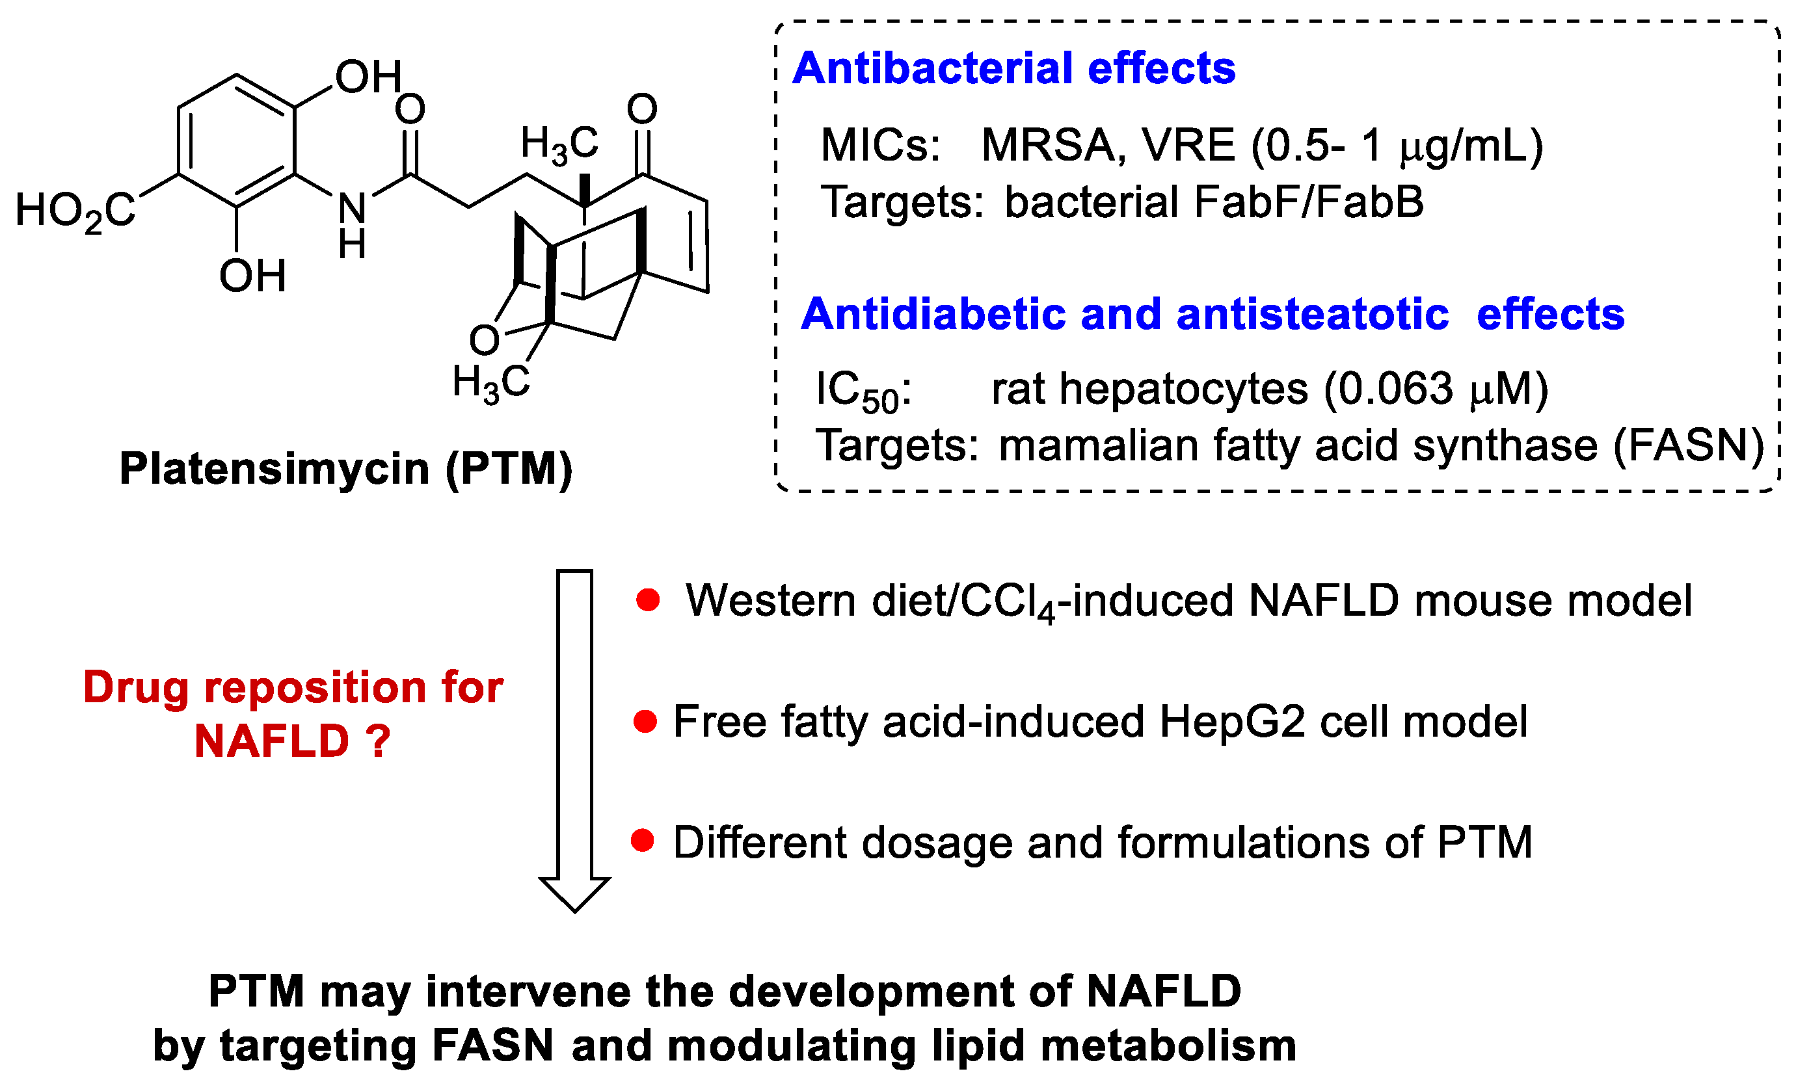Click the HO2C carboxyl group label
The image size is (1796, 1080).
point(75,212)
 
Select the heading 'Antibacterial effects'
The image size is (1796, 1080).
point(1013,68)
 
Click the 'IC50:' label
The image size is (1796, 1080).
point(863,391)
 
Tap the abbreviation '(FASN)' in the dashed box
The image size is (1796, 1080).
point(1688,445)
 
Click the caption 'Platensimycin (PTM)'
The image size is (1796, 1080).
point(346,469)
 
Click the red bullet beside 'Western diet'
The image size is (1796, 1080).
point(647,600)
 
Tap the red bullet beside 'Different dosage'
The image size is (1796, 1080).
point(642,841)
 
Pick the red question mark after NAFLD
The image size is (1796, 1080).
point(379,742)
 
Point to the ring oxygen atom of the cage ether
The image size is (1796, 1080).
point(483,340)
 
